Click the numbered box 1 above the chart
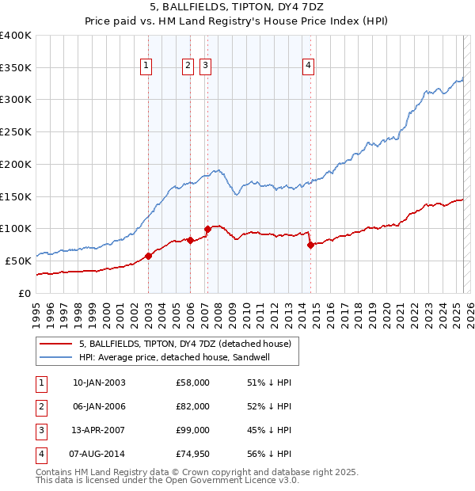point(147,67)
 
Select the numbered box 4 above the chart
point(308,67)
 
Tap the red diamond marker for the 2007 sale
point(207,230)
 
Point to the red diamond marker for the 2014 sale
point(310,245)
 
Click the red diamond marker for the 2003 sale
point(148,256)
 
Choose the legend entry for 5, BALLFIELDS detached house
point(185,344)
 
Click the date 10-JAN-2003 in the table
point(99,383)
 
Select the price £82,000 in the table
point(193,406)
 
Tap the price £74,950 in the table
point(193,454)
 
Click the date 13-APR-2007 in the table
point(99,430)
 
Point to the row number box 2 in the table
point(40,406)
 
